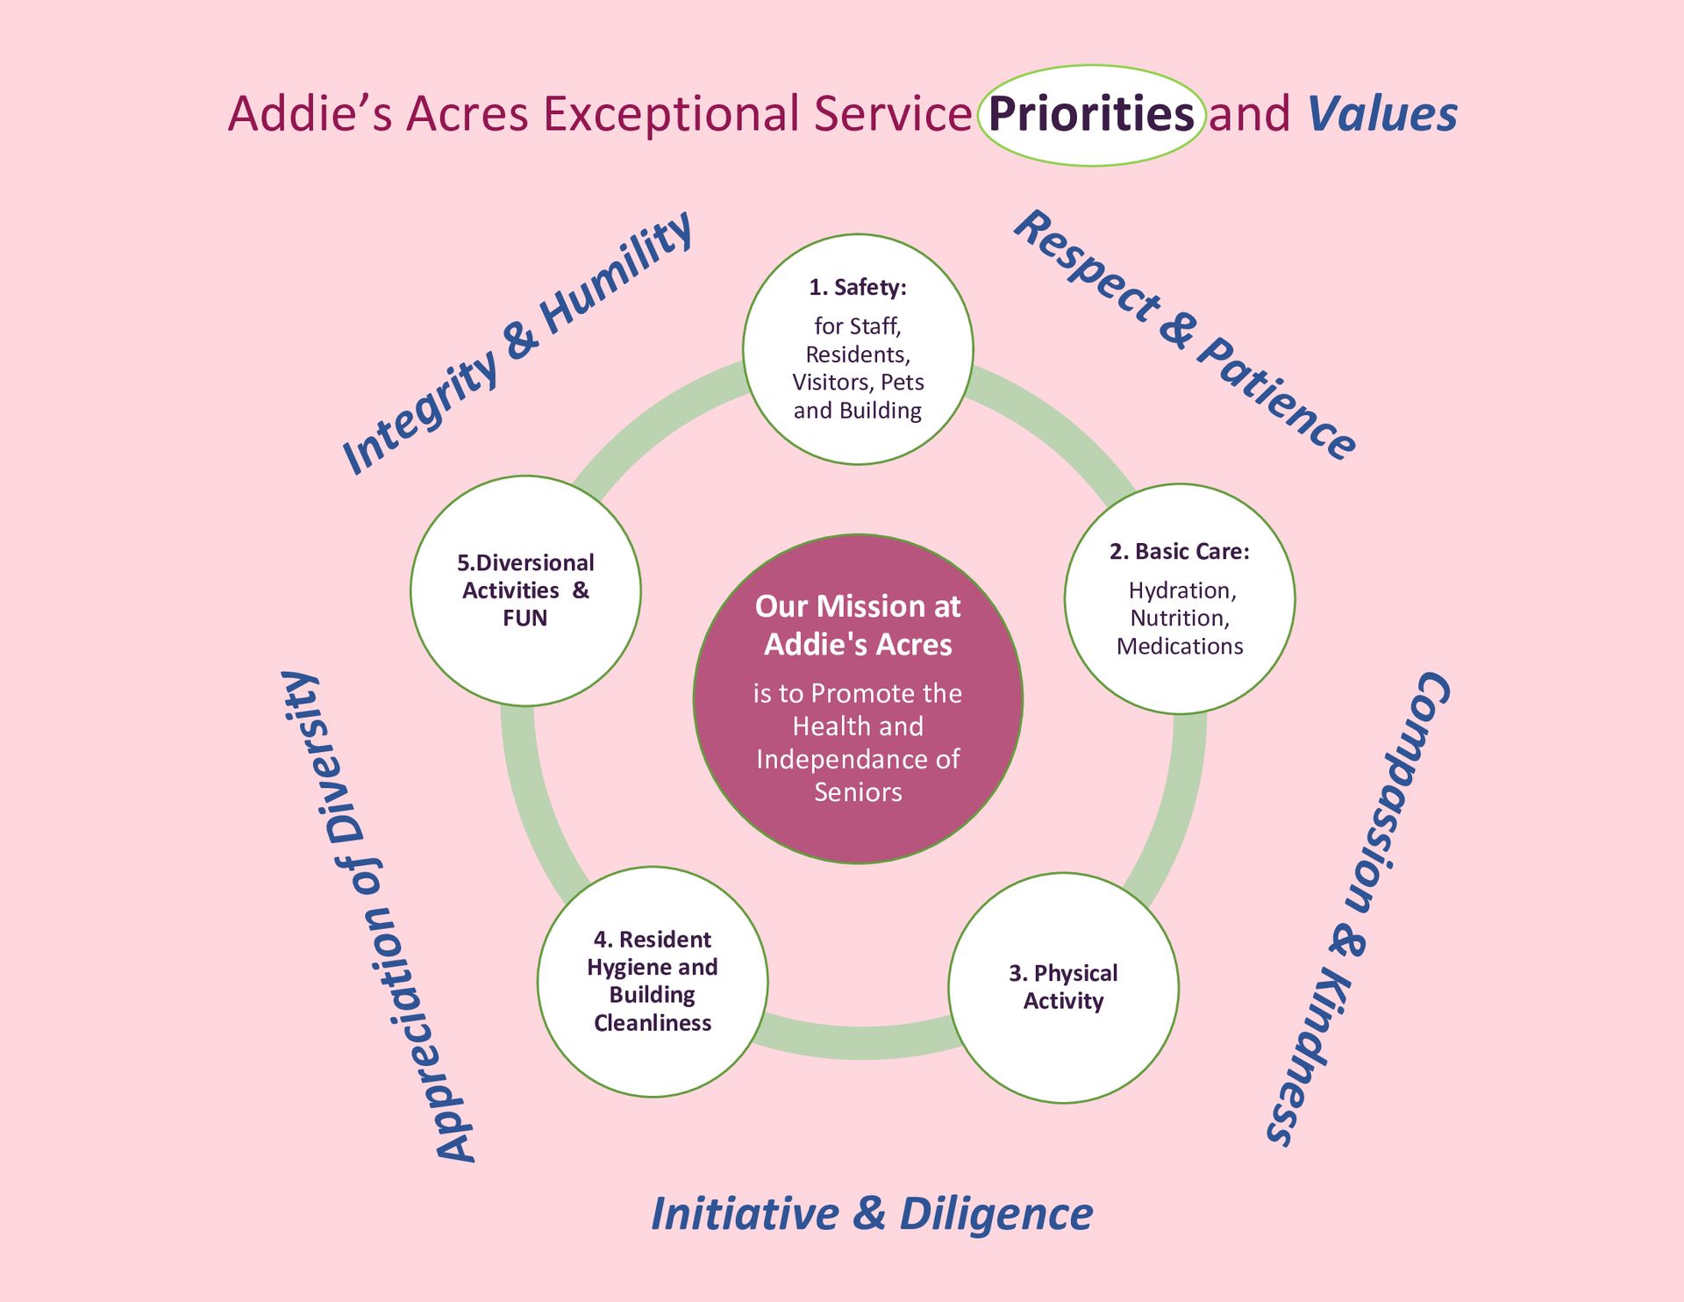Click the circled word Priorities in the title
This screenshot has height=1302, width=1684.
(1091, 114)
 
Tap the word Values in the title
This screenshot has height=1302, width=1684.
(1382, 114)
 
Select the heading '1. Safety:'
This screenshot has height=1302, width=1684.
(858, 287)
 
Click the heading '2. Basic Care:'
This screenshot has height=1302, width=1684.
(1179, 551)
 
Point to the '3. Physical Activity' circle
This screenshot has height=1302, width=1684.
(1063, 988)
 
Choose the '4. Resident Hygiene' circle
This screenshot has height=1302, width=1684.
(653, 982)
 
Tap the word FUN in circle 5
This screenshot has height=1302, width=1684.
(524, 618)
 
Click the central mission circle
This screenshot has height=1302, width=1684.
(858, 699)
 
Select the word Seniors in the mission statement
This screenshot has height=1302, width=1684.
(858, 792)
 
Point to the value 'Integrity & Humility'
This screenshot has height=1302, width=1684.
(517, 344)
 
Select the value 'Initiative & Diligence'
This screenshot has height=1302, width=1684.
(872, 1214)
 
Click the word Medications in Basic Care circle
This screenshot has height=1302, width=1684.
(1180, 647)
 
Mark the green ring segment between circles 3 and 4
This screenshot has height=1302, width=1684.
(858, 1041)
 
